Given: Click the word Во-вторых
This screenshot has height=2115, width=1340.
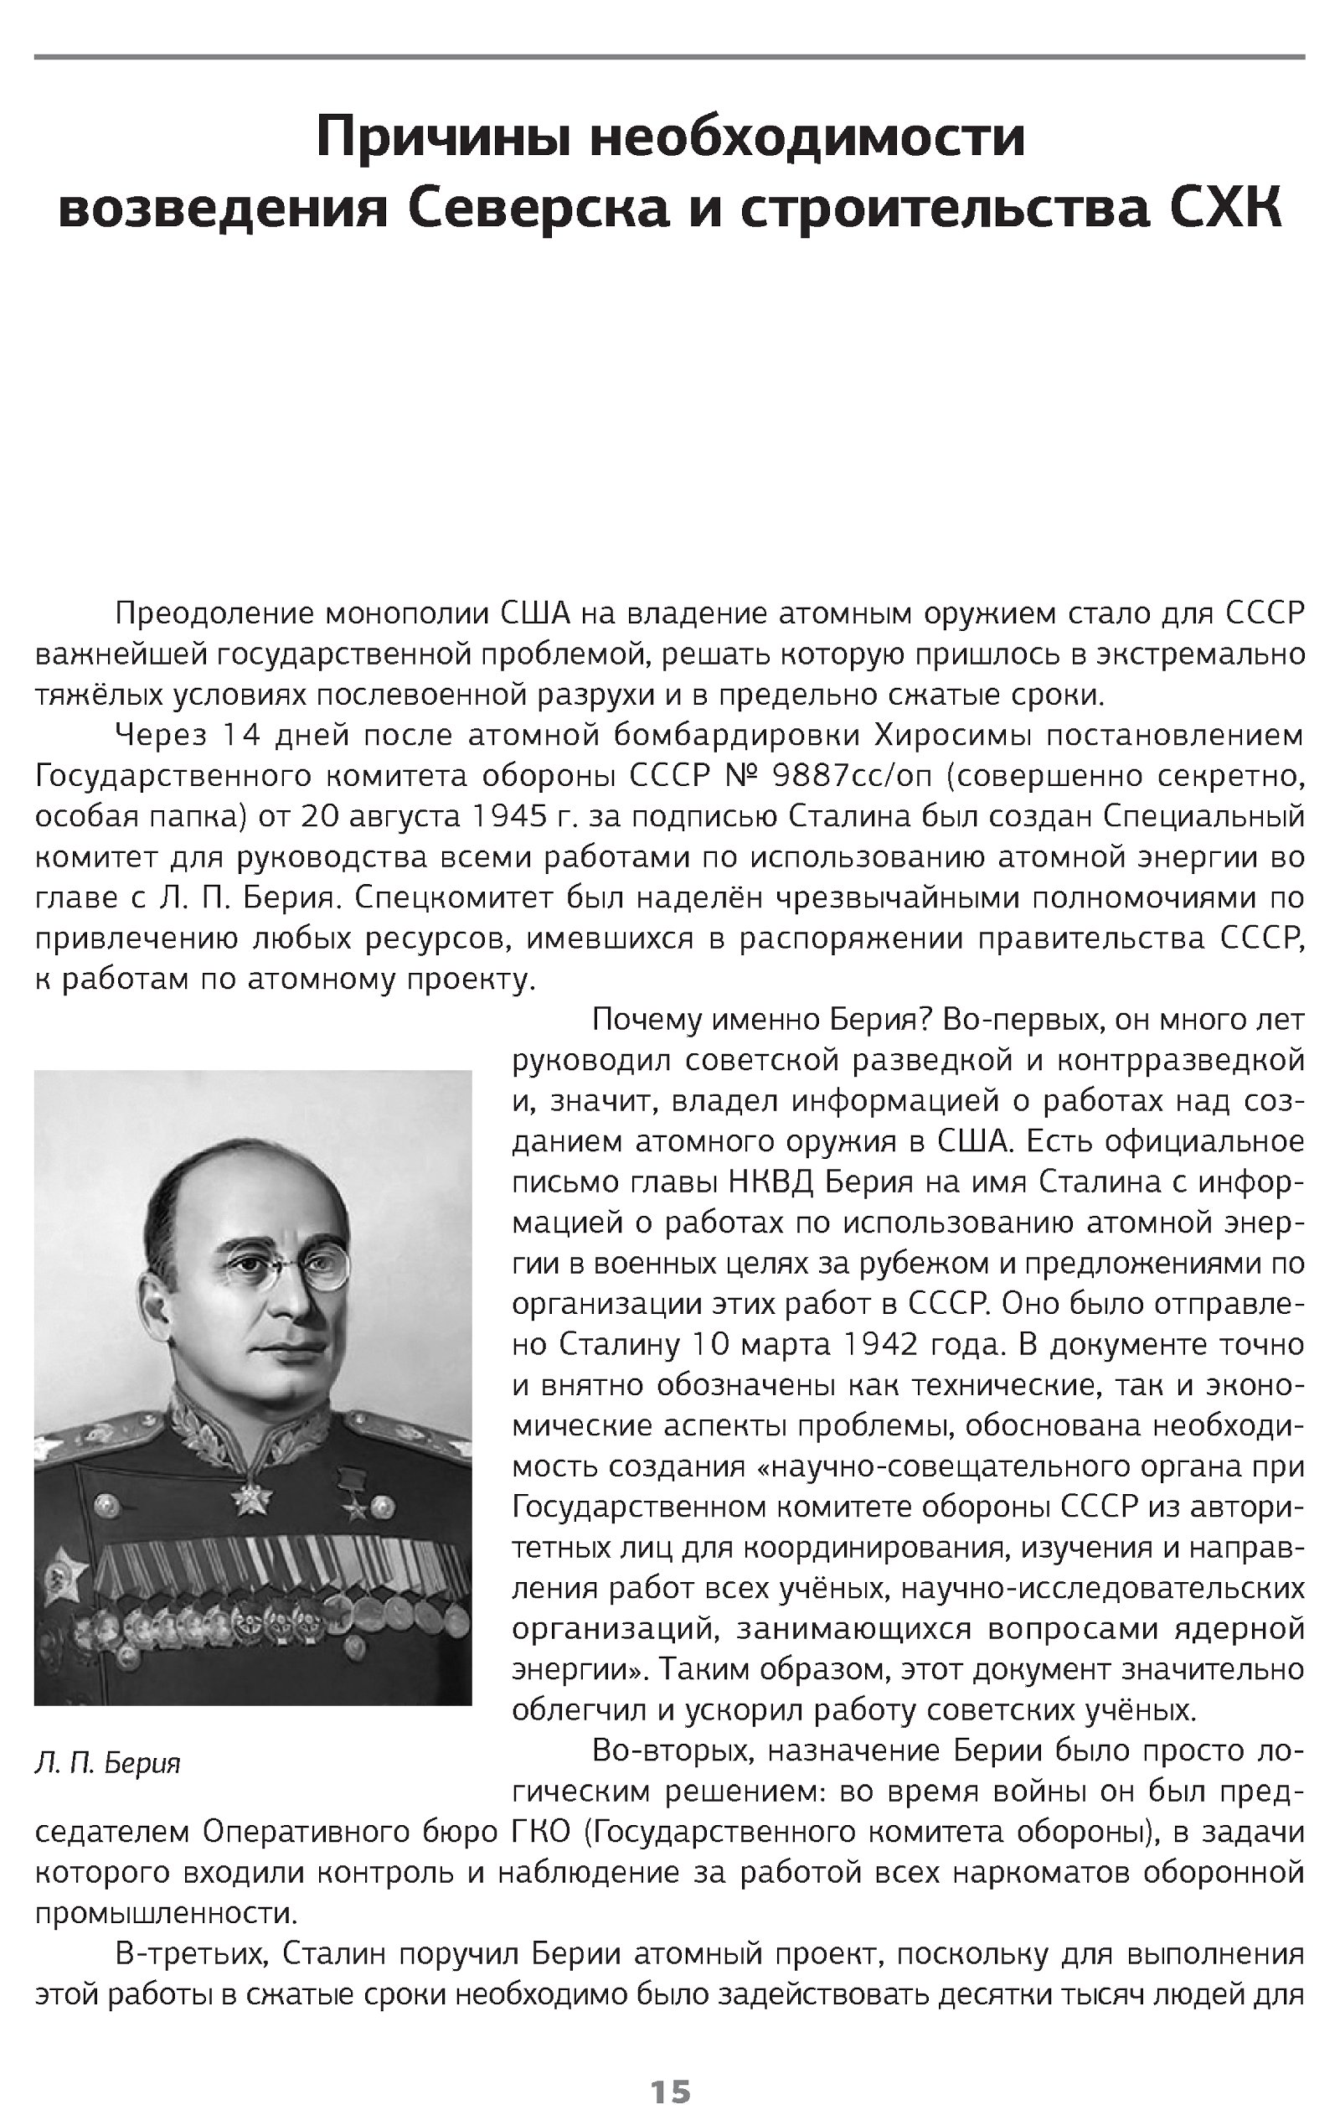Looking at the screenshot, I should (x=672, y=1750).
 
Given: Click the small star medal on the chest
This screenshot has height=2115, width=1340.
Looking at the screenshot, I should (x=356, y=1509).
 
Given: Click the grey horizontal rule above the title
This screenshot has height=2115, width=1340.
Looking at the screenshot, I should (x=670, y=58).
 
